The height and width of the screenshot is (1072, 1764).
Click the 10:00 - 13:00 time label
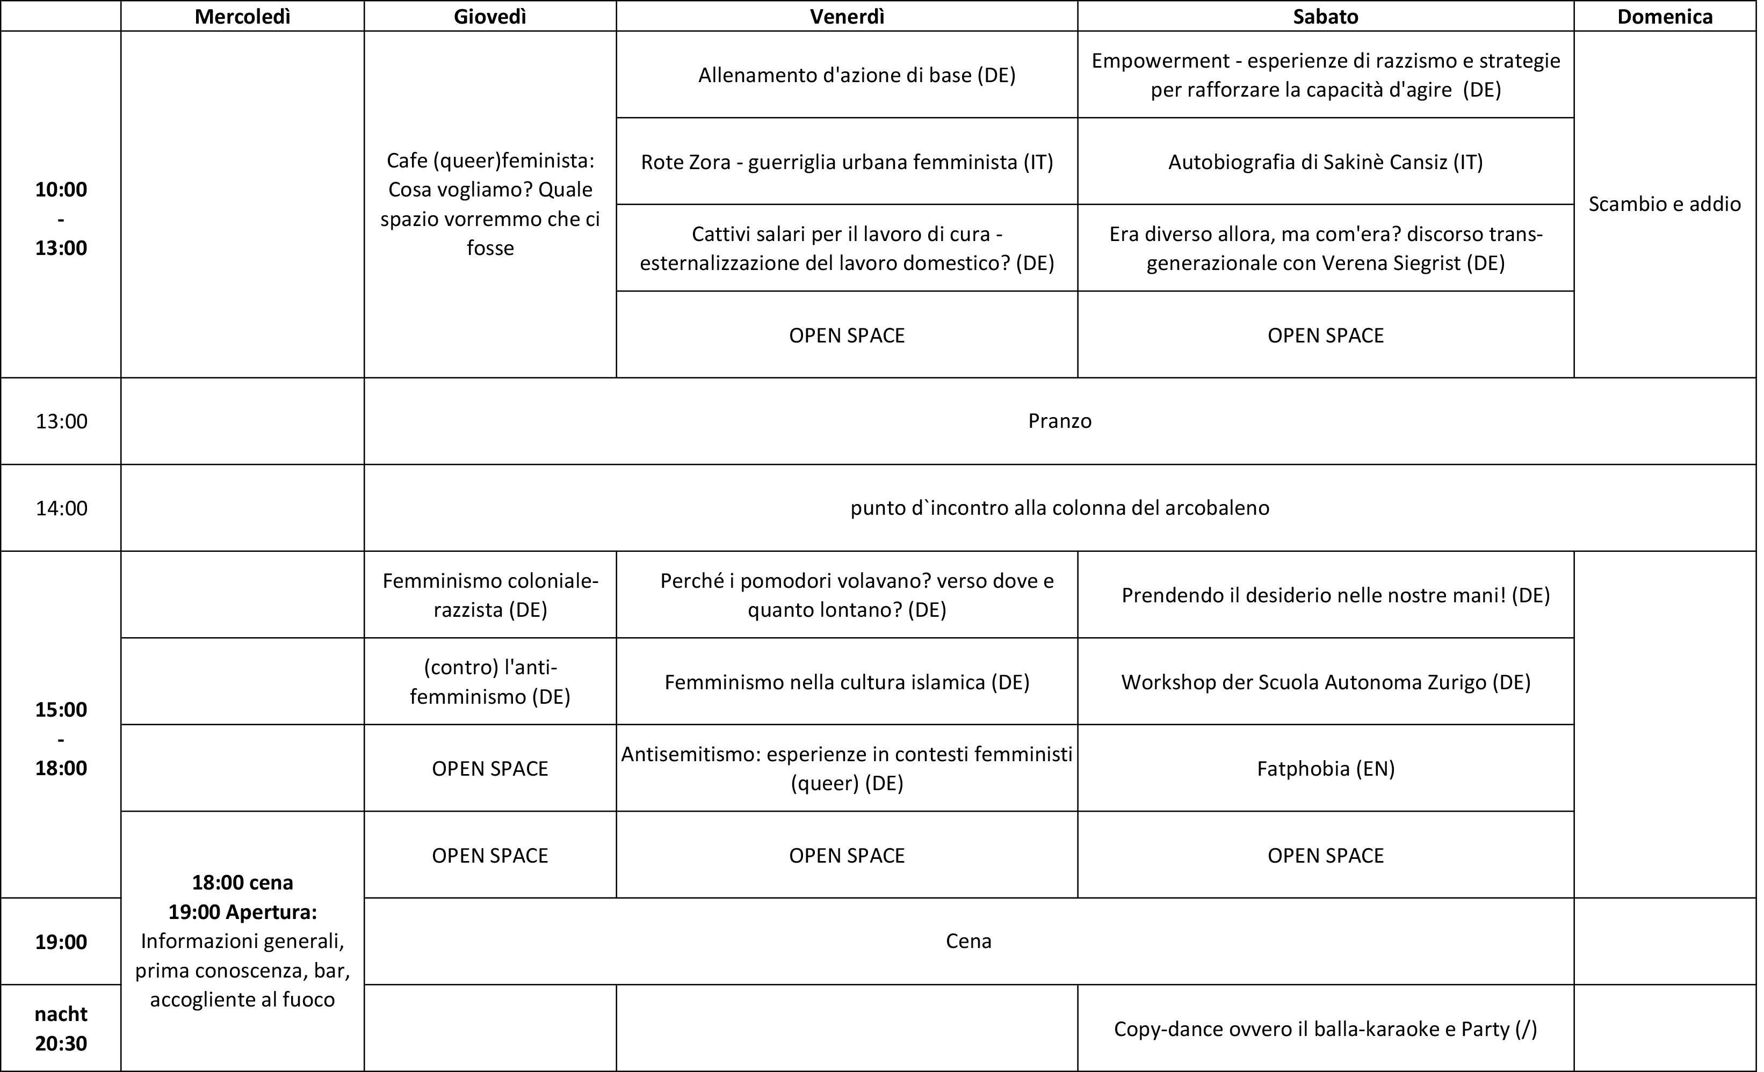coord(61,218)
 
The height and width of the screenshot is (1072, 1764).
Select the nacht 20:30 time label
coord(61,1029)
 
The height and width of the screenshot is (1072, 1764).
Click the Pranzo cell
coord(1060,421)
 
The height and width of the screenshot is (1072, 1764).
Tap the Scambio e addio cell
coord(1665,204)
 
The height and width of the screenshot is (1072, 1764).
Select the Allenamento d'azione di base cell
coord(856,75)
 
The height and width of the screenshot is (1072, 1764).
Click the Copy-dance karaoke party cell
coord(1325,1029)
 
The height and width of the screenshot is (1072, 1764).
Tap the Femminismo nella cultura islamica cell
coord(847,682)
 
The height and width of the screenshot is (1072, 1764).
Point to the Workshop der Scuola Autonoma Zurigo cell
coord(1325,682)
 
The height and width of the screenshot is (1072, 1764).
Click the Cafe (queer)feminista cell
coord(490,204)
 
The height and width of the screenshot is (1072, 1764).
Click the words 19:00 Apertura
coord(243,911)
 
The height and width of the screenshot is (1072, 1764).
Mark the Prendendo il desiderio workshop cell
coord(1335,595)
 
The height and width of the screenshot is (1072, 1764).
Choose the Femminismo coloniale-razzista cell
coord(490,595)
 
